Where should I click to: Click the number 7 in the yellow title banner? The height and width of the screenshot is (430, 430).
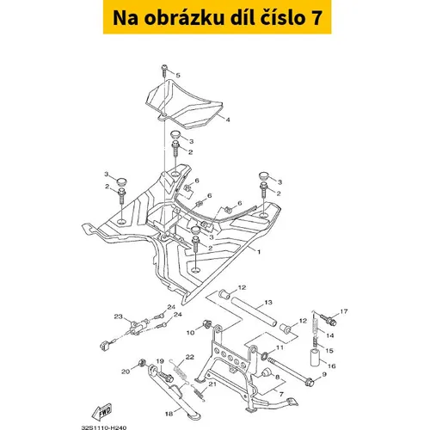(x=316, y=18)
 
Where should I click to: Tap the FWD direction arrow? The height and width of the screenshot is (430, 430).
(x=101, y=412)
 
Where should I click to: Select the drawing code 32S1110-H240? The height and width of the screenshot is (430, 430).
(x=104, y=427)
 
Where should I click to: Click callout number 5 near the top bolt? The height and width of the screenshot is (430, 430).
(x=178, y=76)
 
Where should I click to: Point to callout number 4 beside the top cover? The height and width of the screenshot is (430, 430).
(x=228, y=120)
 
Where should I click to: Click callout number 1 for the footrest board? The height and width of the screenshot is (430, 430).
(x=259, y=252)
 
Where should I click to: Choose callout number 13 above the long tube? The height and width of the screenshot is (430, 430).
(x=268, y=302)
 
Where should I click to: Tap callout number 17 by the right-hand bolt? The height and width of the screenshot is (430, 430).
(x=344, y=311)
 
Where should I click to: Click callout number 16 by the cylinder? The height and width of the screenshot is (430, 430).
(x=332, y=366)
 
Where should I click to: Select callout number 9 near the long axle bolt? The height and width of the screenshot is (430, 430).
(x=324, y=374)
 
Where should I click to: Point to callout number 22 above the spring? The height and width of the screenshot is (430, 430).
(x=190, y=357)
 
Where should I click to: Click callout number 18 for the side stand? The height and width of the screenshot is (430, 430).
(x=169, y=414)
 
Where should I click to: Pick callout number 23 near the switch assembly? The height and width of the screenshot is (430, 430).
(x=119, y=316)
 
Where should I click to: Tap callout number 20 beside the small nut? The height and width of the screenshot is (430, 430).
(x=126, y=372)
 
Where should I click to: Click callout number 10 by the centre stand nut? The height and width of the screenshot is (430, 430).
(x=190, y=333)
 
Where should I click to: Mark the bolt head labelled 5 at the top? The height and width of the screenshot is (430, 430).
(x=164, y=68)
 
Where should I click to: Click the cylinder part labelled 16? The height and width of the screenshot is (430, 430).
(x=315, y=357)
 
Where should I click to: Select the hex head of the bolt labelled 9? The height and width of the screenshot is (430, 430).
(x=310, y=383)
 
